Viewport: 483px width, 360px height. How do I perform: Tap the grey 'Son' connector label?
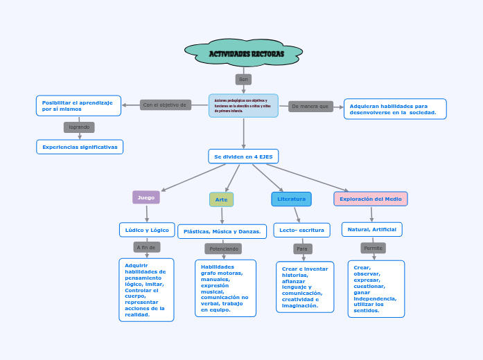coord(243,80)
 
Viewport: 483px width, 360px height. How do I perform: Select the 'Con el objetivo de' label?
coord(165,105)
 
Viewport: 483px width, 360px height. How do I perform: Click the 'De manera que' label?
coord(310,106)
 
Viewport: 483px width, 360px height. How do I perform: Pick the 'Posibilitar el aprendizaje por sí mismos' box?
coord(78,105)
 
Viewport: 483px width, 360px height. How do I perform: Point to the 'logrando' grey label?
coord(79,127)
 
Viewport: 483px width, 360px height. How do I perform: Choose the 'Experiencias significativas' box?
coord(80,147)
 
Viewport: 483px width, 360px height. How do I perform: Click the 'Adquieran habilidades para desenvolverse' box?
coord(394,109)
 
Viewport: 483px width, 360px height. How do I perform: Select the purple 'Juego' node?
coord(146,197)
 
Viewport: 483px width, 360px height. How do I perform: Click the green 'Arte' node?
coord(221,199)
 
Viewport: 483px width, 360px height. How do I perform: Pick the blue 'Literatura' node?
coord(291,199)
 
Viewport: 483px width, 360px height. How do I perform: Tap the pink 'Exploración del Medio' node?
coord(370,199)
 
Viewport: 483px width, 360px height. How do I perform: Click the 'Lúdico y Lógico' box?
coord(146,229)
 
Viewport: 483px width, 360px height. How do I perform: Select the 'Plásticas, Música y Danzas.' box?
coord(222,231)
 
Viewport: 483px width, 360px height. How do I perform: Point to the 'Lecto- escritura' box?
coord(301,229)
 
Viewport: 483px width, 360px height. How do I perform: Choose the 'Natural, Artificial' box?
coord(371,229)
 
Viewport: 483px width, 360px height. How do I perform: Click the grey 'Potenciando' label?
coord(223,249)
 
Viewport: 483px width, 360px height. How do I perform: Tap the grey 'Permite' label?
coord(373,248)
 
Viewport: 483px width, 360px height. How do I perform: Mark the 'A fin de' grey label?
coord(146,247)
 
